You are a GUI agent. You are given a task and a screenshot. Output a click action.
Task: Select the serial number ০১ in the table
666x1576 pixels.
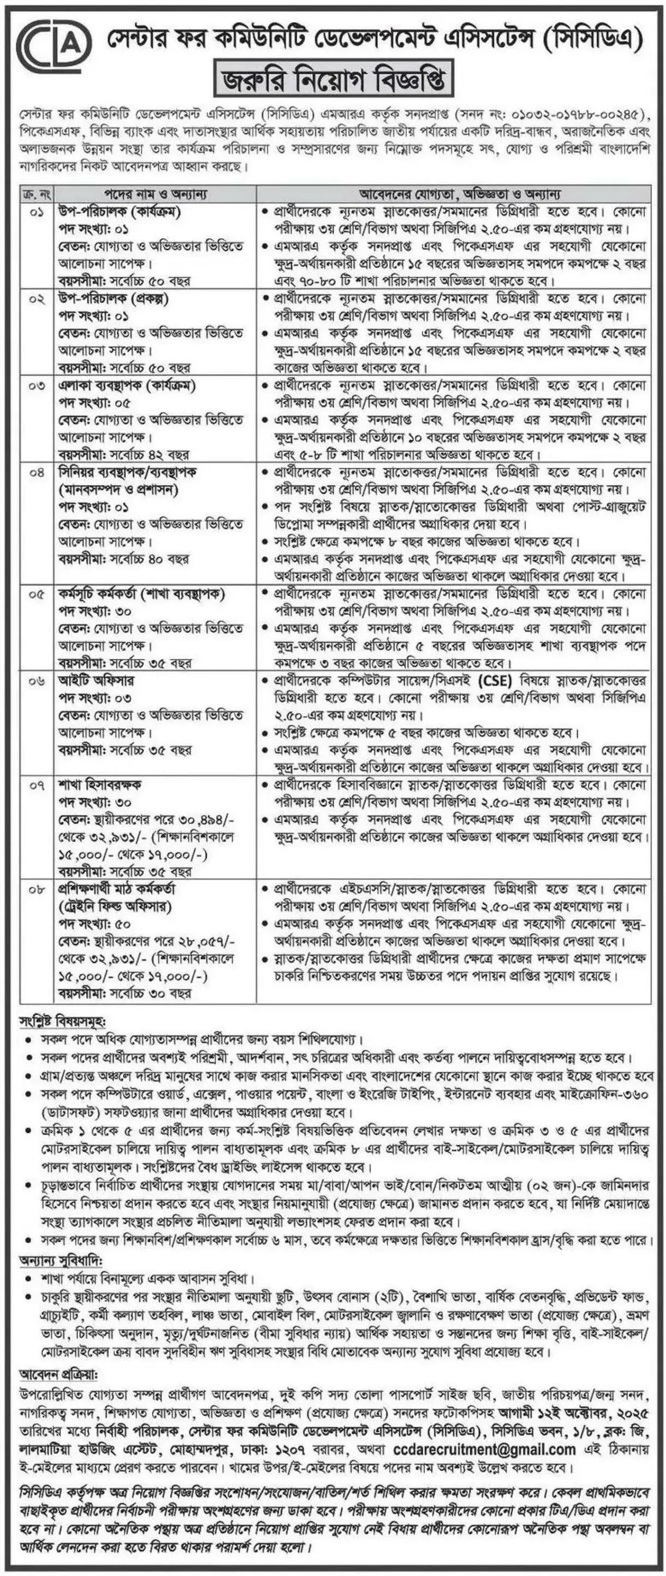37,213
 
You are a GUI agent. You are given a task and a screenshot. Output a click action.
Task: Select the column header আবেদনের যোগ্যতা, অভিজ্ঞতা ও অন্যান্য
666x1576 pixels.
453,194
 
